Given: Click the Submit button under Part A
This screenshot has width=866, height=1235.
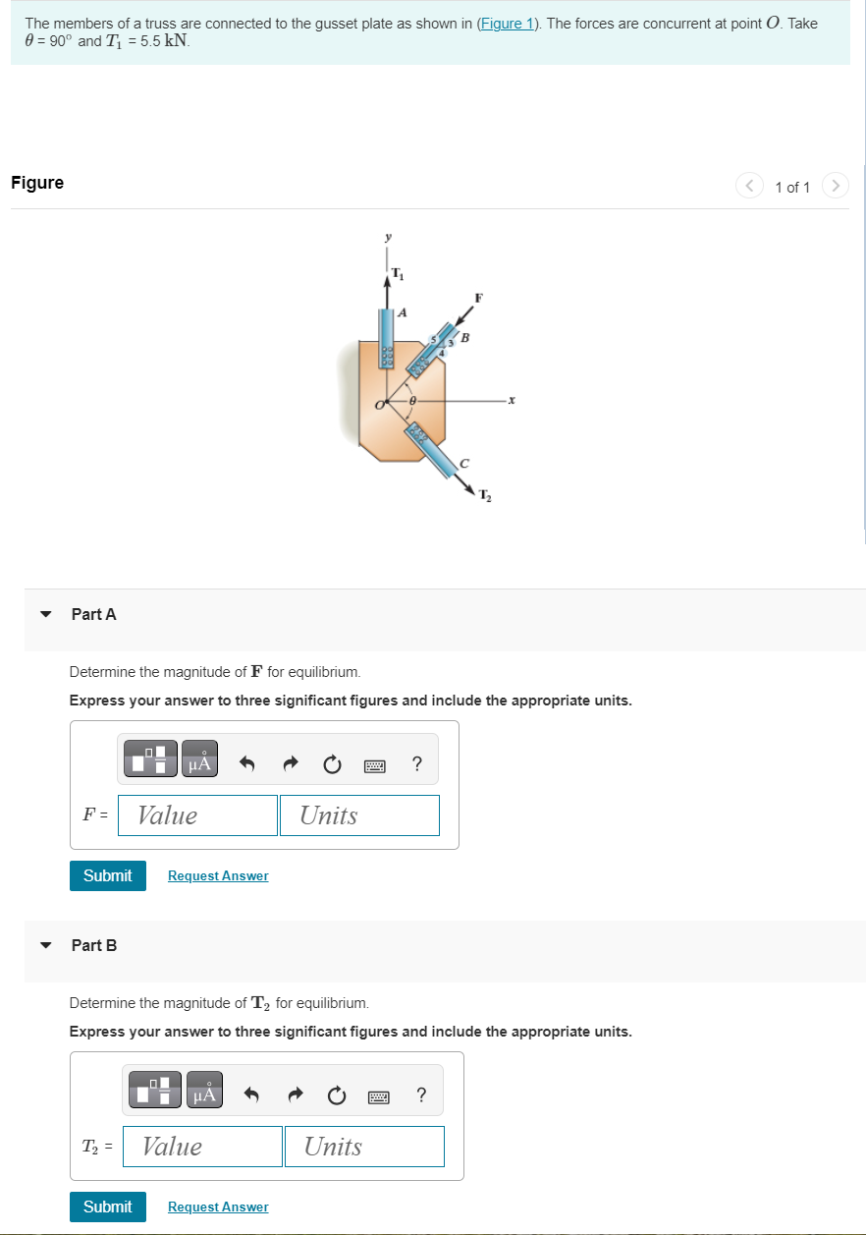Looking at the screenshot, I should point(107,875).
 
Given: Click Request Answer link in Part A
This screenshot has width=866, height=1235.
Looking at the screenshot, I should point(218,875).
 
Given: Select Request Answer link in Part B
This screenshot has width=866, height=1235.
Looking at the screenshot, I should point(218,1207).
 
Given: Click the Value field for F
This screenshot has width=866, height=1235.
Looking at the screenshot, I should point(197,815).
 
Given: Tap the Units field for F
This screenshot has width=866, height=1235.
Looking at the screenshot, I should point(359,815).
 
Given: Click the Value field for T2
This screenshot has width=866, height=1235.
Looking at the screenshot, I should point(202,1147).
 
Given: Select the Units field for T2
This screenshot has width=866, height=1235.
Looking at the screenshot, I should point(364,1147).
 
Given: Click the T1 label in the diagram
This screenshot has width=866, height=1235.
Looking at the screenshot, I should point(397,272).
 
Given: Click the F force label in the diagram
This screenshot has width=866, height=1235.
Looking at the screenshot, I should point(478,296).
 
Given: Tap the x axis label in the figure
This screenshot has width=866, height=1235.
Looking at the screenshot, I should point(512,400).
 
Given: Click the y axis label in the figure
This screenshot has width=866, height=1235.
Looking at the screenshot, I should point(388,237).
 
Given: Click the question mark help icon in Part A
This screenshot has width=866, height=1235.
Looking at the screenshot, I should point(417,763).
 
